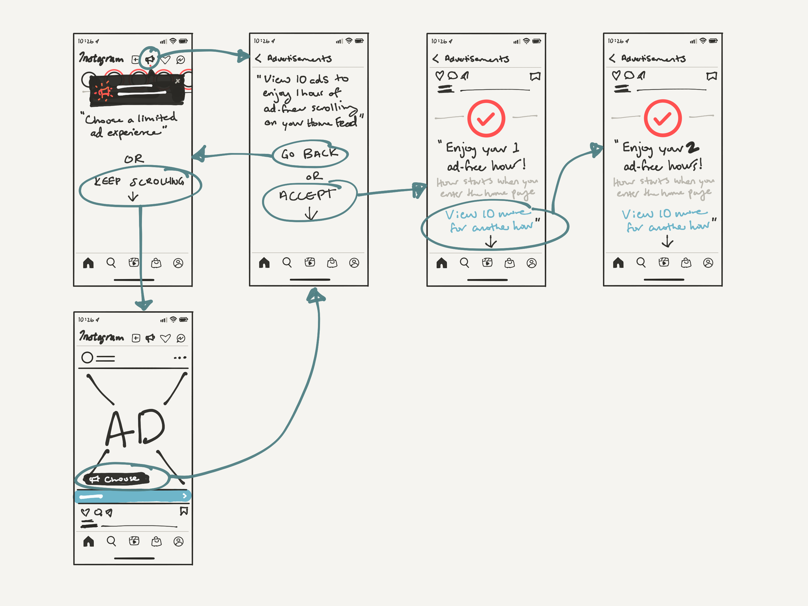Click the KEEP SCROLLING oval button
(x=140, y=185)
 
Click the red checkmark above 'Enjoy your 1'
(x=486, y=118)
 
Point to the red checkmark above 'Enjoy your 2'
(x=663, y=118)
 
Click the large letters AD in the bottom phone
(x=135, y=427)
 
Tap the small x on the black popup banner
(x=177, y=81)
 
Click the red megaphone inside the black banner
(x=104, y=92)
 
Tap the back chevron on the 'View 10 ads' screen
(x=258, y=59)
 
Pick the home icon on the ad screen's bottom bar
(x=89, y=541)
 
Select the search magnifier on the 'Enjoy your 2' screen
(x=641, y=263)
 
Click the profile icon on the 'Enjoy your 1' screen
(x=531, y=263)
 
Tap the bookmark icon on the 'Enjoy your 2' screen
(x=712, y=76)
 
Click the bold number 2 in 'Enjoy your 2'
(x=692, y=148)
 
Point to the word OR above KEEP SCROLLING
(x=134, y=159)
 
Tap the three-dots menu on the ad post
(x=180, y=357)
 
